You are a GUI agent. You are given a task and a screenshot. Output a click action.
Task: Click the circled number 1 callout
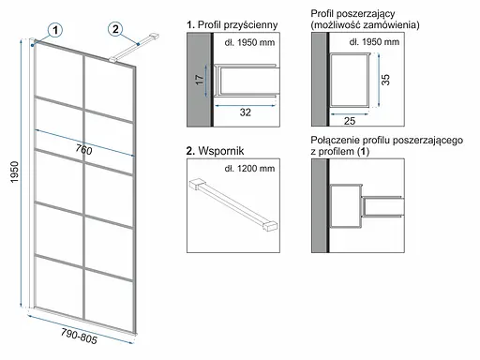point(55,30)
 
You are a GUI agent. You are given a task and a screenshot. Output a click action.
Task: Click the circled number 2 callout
point(115,29)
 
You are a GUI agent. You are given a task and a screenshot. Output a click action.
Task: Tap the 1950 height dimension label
point(14,172)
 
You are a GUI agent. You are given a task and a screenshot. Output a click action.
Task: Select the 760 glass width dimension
point(83,149)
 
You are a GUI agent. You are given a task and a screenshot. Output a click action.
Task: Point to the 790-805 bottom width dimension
point(79,336)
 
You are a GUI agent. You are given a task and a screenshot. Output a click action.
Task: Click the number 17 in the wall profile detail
point(200,80)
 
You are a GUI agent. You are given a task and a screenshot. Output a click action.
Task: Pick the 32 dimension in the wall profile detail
point(246,112)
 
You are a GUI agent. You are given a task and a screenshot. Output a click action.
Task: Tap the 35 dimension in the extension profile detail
point(386,80)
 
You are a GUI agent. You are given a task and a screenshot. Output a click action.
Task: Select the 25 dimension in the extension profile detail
point(350,121)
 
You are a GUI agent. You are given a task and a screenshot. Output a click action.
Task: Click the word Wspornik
point(221,151)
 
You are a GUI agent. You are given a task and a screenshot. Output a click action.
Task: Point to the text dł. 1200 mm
point(249,169)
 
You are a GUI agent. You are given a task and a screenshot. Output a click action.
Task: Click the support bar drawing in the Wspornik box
point(233,204)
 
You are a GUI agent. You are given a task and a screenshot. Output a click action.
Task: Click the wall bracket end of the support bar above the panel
point(154,37)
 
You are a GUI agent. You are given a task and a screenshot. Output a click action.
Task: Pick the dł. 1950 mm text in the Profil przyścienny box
point(249,42)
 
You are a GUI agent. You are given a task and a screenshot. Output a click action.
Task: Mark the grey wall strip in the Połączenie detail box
point(319,205)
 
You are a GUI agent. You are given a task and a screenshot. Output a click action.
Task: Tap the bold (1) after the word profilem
point(363,152)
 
